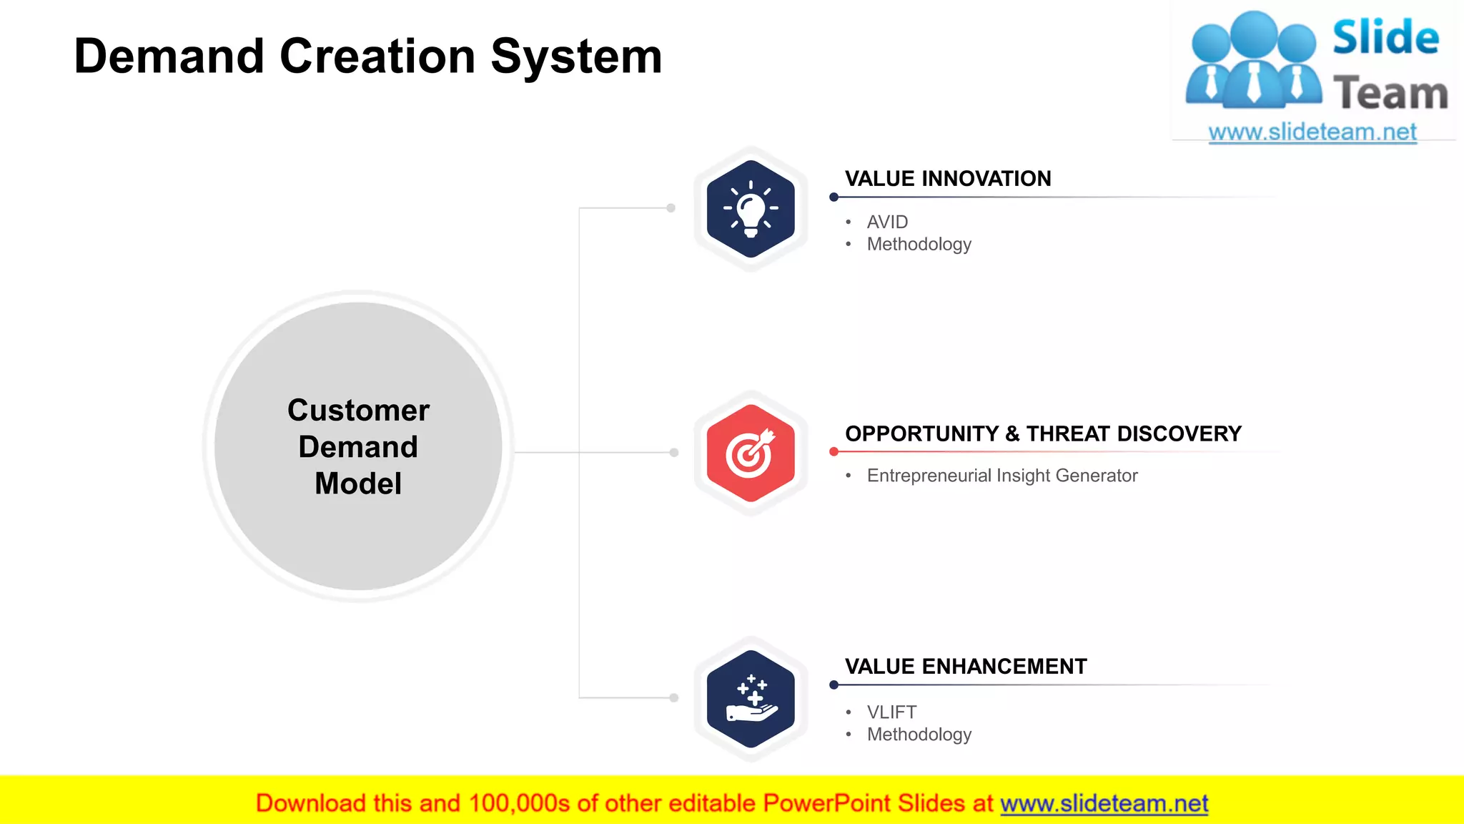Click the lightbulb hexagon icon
(750, 208)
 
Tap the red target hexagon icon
(750, 453)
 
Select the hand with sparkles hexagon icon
(750, 698)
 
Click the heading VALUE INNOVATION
(948, 179)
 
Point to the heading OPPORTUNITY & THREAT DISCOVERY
(1043, 434)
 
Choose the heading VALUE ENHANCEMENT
(966, 667)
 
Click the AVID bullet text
(887, 222)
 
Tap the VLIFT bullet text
(891, 712)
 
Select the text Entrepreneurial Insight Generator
(1001, 476)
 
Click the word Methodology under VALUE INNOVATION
(919, 245)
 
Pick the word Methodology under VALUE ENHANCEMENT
(919, 735)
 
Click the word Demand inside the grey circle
(358, 447)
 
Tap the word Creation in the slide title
(377, 57)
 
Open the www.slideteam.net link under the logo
(1312, 132)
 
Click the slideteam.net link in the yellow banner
(1104, 804)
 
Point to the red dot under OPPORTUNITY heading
(834, 452)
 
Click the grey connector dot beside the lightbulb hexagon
(671, 208)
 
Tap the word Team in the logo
(1390, 94)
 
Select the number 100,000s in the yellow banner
(519, 804)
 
